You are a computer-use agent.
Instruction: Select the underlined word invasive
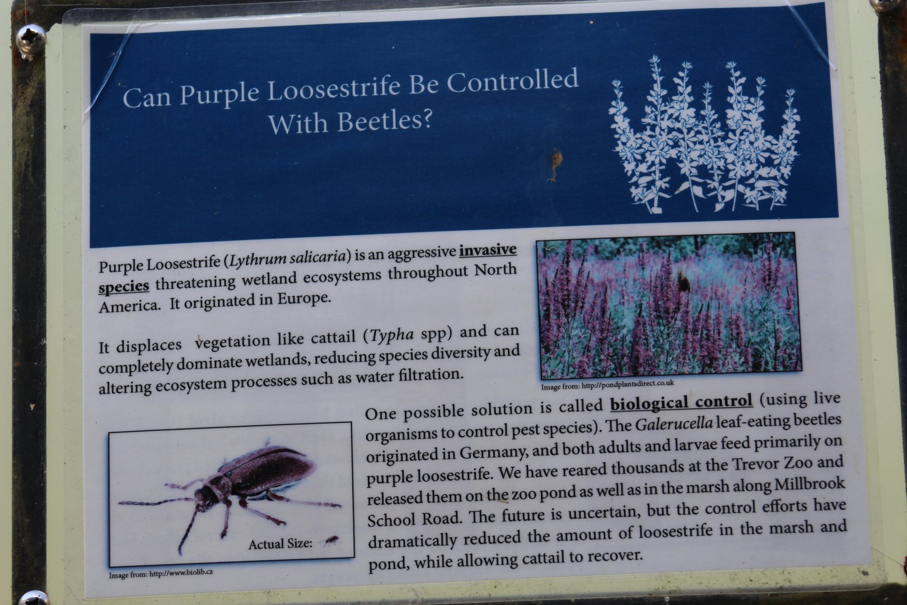[x=488, y=250]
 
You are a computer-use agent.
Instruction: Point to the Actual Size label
[x=280, y=544]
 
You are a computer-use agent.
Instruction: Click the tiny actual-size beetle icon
[x=331, y=541]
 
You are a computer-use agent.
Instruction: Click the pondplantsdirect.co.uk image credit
[x=607, y=385]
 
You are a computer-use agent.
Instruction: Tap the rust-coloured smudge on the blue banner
[x=554, y=164]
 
